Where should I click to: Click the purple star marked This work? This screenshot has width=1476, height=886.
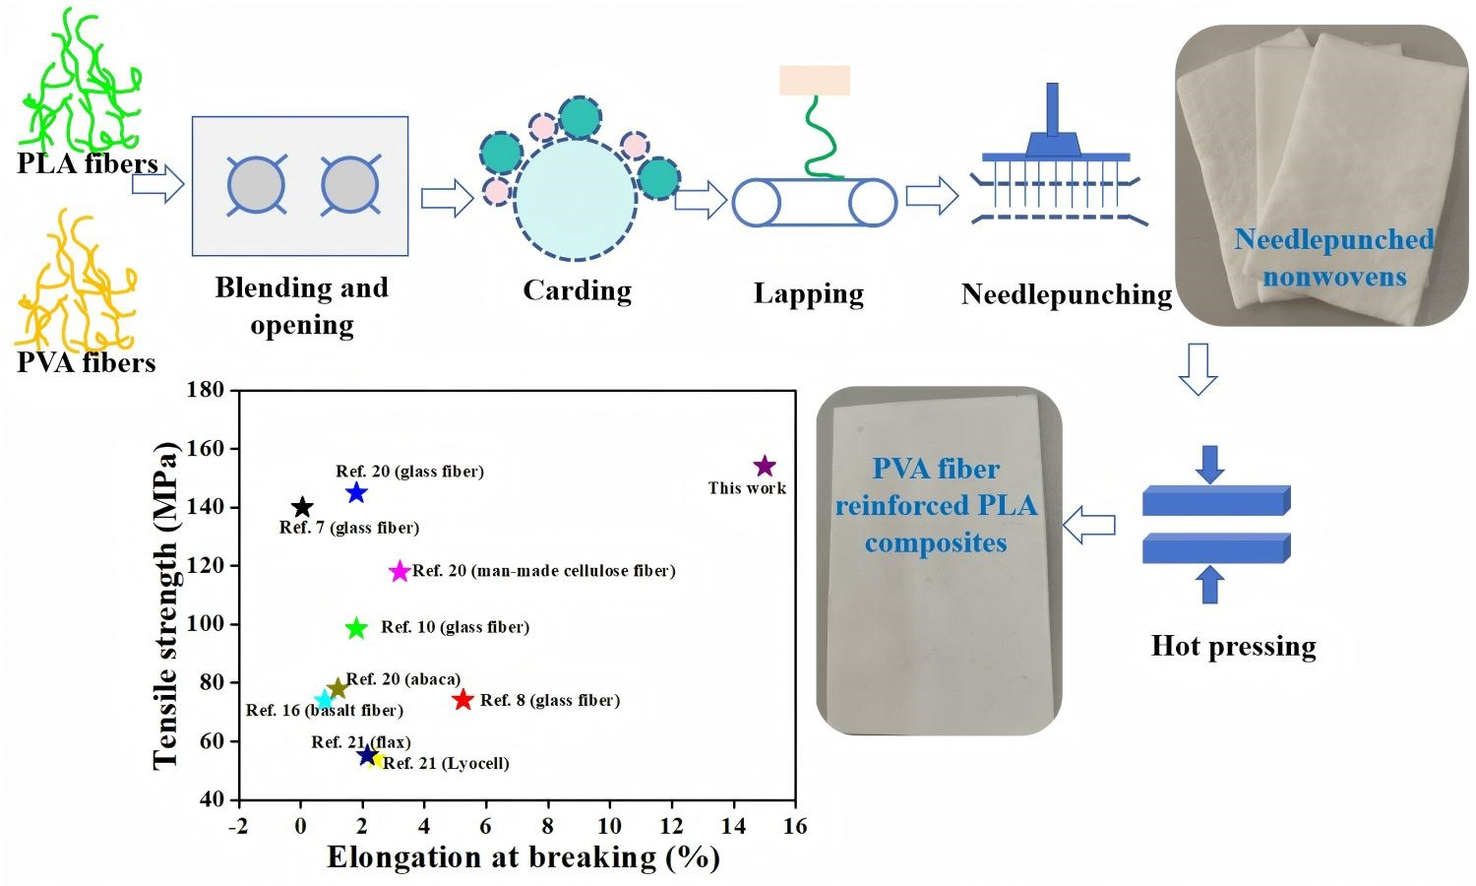(x=765, y=466)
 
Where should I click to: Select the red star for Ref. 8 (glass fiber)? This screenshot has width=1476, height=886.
(x=462, y=700)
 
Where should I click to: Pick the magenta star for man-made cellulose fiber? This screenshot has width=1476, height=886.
(x=400, y=571)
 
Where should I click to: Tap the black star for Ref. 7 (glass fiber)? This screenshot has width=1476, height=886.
(x=303, y=507)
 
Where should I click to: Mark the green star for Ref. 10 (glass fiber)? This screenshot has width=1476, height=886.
(x=356, y=628)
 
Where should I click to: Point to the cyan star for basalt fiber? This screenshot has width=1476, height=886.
(x=324, y=700)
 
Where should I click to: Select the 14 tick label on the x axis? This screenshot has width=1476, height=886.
(x=733, y=826)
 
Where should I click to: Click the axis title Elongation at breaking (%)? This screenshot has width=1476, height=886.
(x=523, y=857)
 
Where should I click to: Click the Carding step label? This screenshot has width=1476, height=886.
(x=577, y=290)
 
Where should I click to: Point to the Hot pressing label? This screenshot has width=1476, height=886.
(x=1233, y=646)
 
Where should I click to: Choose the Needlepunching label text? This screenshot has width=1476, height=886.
(x=1067, y=294)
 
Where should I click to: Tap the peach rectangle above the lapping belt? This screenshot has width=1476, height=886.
(x=814, y=80)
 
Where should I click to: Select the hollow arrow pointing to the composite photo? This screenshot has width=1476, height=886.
(x=1090, y=525)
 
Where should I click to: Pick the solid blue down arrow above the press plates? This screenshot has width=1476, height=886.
(x=1210, y=464)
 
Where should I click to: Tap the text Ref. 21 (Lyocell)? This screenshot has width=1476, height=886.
(x=446, y=764)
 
